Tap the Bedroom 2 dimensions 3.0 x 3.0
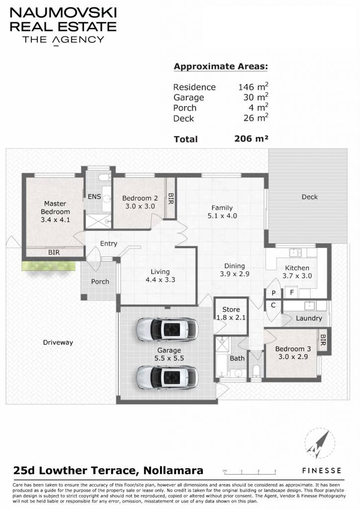140,206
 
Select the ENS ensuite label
94,197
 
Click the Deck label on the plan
310,197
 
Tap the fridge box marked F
292,292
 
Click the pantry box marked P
273,293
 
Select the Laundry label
309,318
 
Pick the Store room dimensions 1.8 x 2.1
231,318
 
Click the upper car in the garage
167,329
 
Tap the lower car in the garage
167,378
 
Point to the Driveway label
58,342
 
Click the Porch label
100,281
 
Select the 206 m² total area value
251,139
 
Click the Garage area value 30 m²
256,97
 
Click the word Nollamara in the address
174,470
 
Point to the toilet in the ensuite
104,177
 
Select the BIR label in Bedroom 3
323,340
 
